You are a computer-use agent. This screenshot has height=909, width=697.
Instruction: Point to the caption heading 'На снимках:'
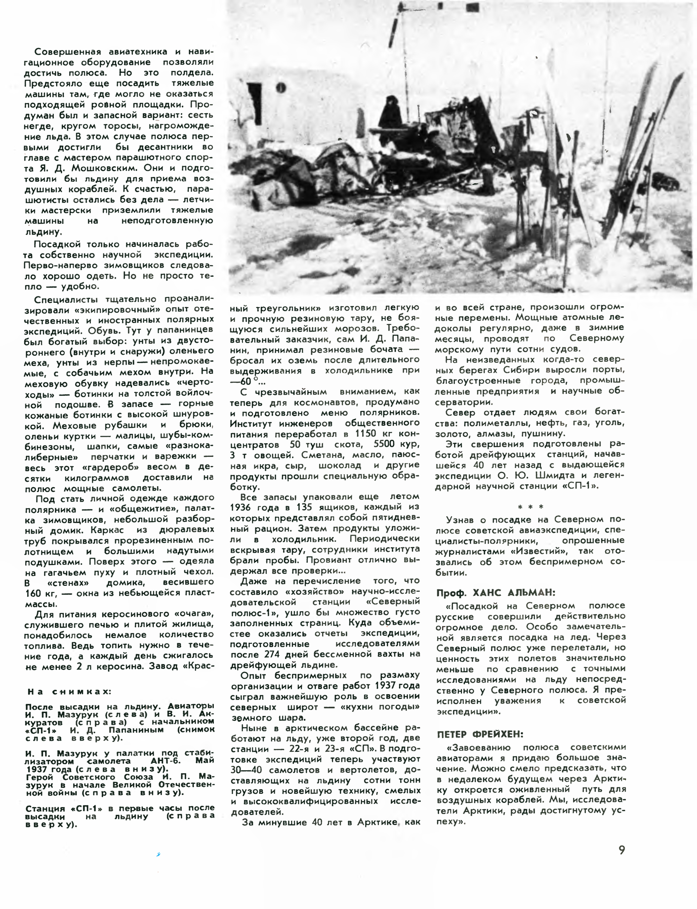(x=69, y=692)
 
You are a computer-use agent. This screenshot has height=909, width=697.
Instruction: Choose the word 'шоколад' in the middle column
(x=341, y=465)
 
